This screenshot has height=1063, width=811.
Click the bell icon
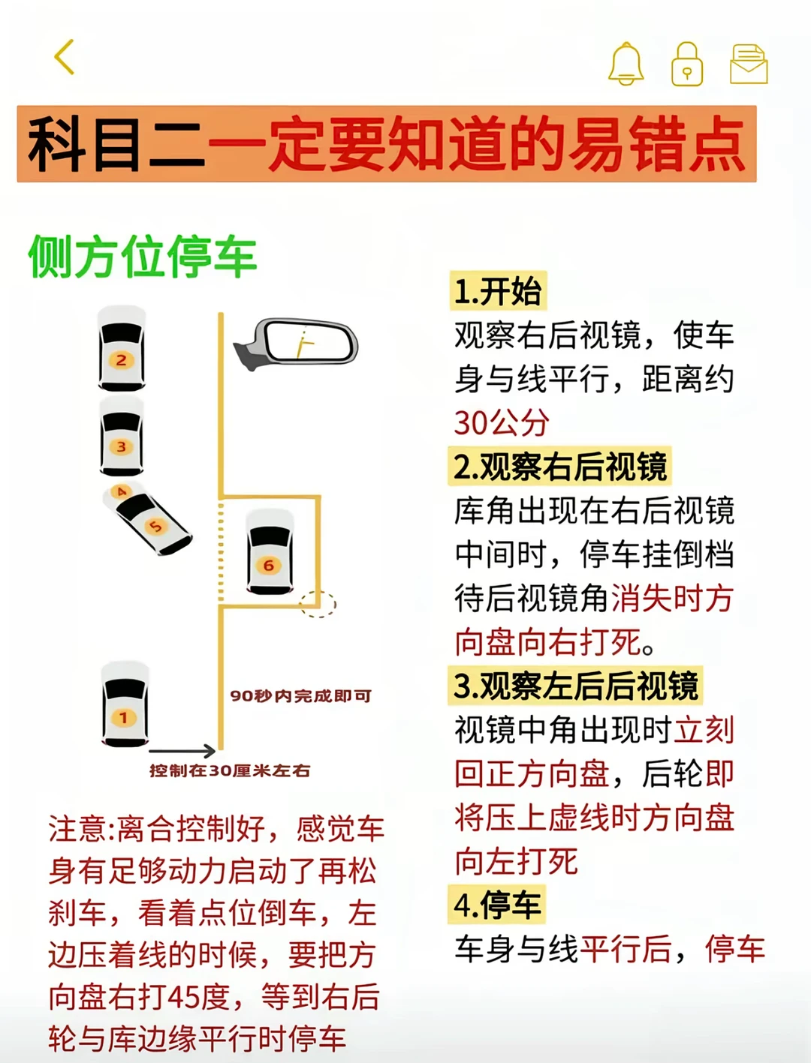(x=626, y=64)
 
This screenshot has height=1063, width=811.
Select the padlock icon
(x=687, y=64)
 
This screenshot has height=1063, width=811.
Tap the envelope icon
(x=749, y=64)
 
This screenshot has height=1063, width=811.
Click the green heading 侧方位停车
(x=143, y=257)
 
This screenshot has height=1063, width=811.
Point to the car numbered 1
(x=125, y=704)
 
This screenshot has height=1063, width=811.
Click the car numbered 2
(x=121, y=348)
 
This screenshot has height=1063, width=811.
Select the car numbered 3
(x=121, y=436)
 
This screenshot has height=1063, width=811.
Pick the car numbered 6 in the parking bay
(x=270, y=552)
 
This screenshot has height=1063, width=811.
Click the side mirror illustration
(x=297, y=343)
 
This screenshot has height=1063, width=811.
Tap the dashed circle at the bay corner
(x=318, y=604)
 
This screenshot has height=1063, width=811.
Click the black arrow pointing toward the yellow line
(x=182, y=751)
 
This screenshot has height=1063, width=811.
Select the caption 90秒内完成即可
(x=300, y=696)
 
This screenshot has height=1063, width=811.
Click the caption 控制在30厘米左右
(x=229, y=770)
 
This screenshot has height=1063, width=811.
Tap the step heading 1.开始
(x=498, y=291)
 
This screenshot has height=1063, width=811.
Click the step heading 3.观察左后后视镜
(x=575, y=685)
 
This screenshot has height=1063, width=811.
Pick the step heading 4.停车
(x=497, y=905)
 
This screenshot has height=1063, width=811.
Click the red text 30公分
(x=502, y=423)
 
